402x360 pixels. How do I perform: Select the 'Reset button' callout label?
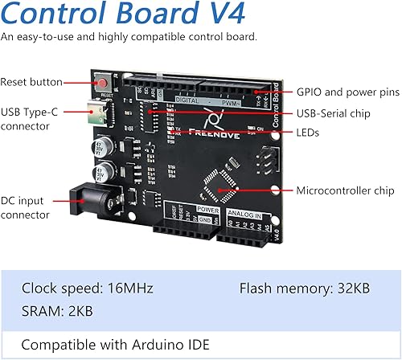click(x=30, y=82)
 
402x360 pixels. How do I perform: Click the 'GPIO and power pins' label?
click(x=347, y=92)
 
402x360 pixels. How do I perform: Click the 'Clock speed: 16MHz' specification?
click(x=88, y=288)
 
